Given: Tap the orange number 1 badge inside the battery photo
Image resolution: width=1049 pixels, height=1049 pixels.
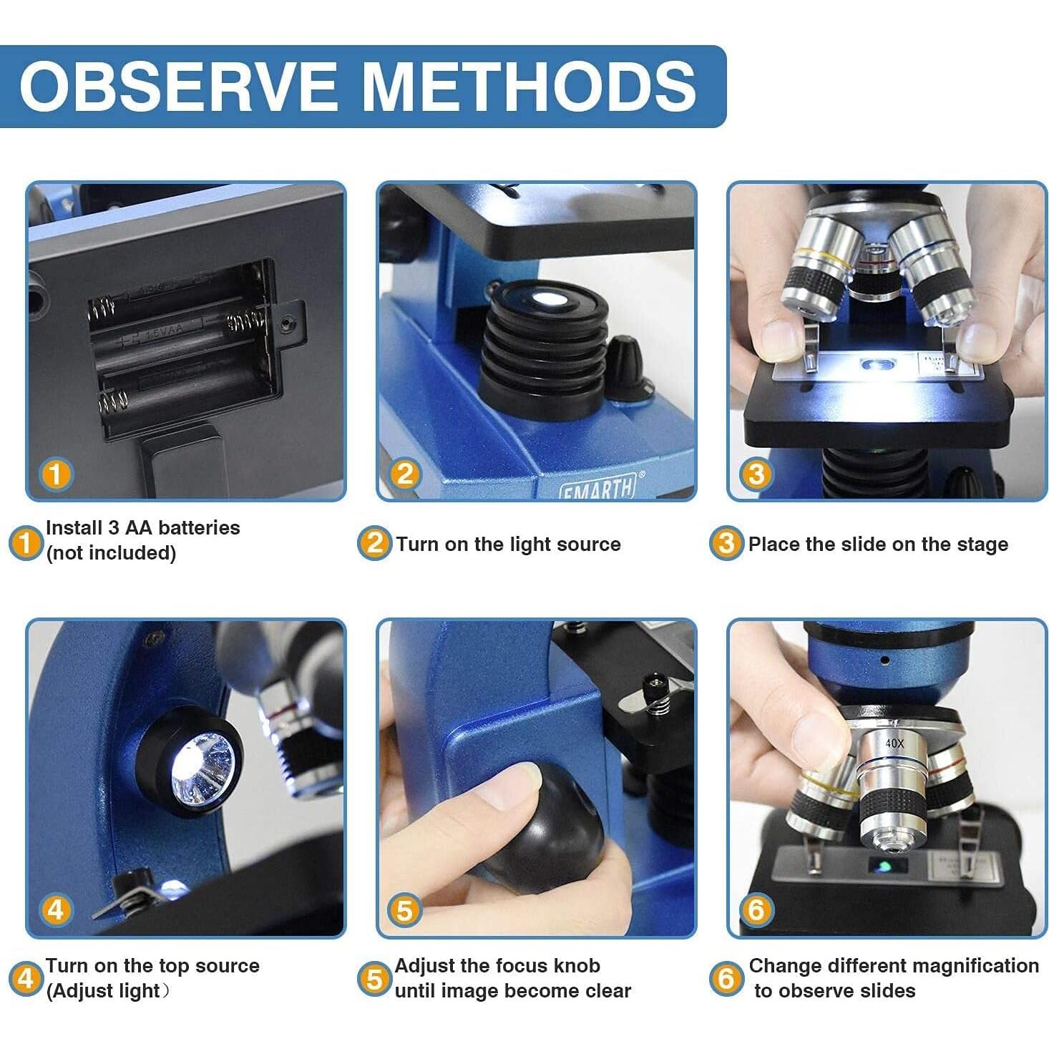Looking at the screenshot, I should point(56,474).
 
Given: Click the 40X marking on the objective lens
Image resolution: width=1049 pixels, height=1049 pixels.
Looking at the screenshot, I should point(894,744).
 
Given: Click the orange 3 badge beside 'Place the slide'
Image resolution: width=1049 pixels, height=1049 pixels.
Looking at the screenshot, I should point(726,544).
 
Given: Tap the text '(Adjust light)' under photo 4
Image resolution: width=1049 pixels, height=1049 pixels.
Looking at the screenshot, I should point(107,991).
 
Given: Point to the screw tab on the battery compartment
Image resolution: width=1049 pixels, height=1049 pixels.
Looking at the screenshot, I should point(288,326).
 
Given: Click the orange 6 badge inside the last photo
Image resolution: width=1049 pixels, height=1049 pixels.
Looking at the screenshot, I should point(756,910).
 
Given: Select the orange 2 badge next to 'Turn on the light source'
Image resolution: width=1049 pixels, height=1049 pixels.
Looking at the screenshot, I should point(374,544).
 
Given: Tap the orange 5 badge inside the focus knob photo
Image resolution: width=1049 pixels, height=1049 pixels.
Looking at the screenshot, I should point(405,911).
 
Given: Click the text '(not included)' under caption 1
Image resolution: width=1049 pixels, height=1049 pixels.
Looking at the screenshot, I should point(111,553).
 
